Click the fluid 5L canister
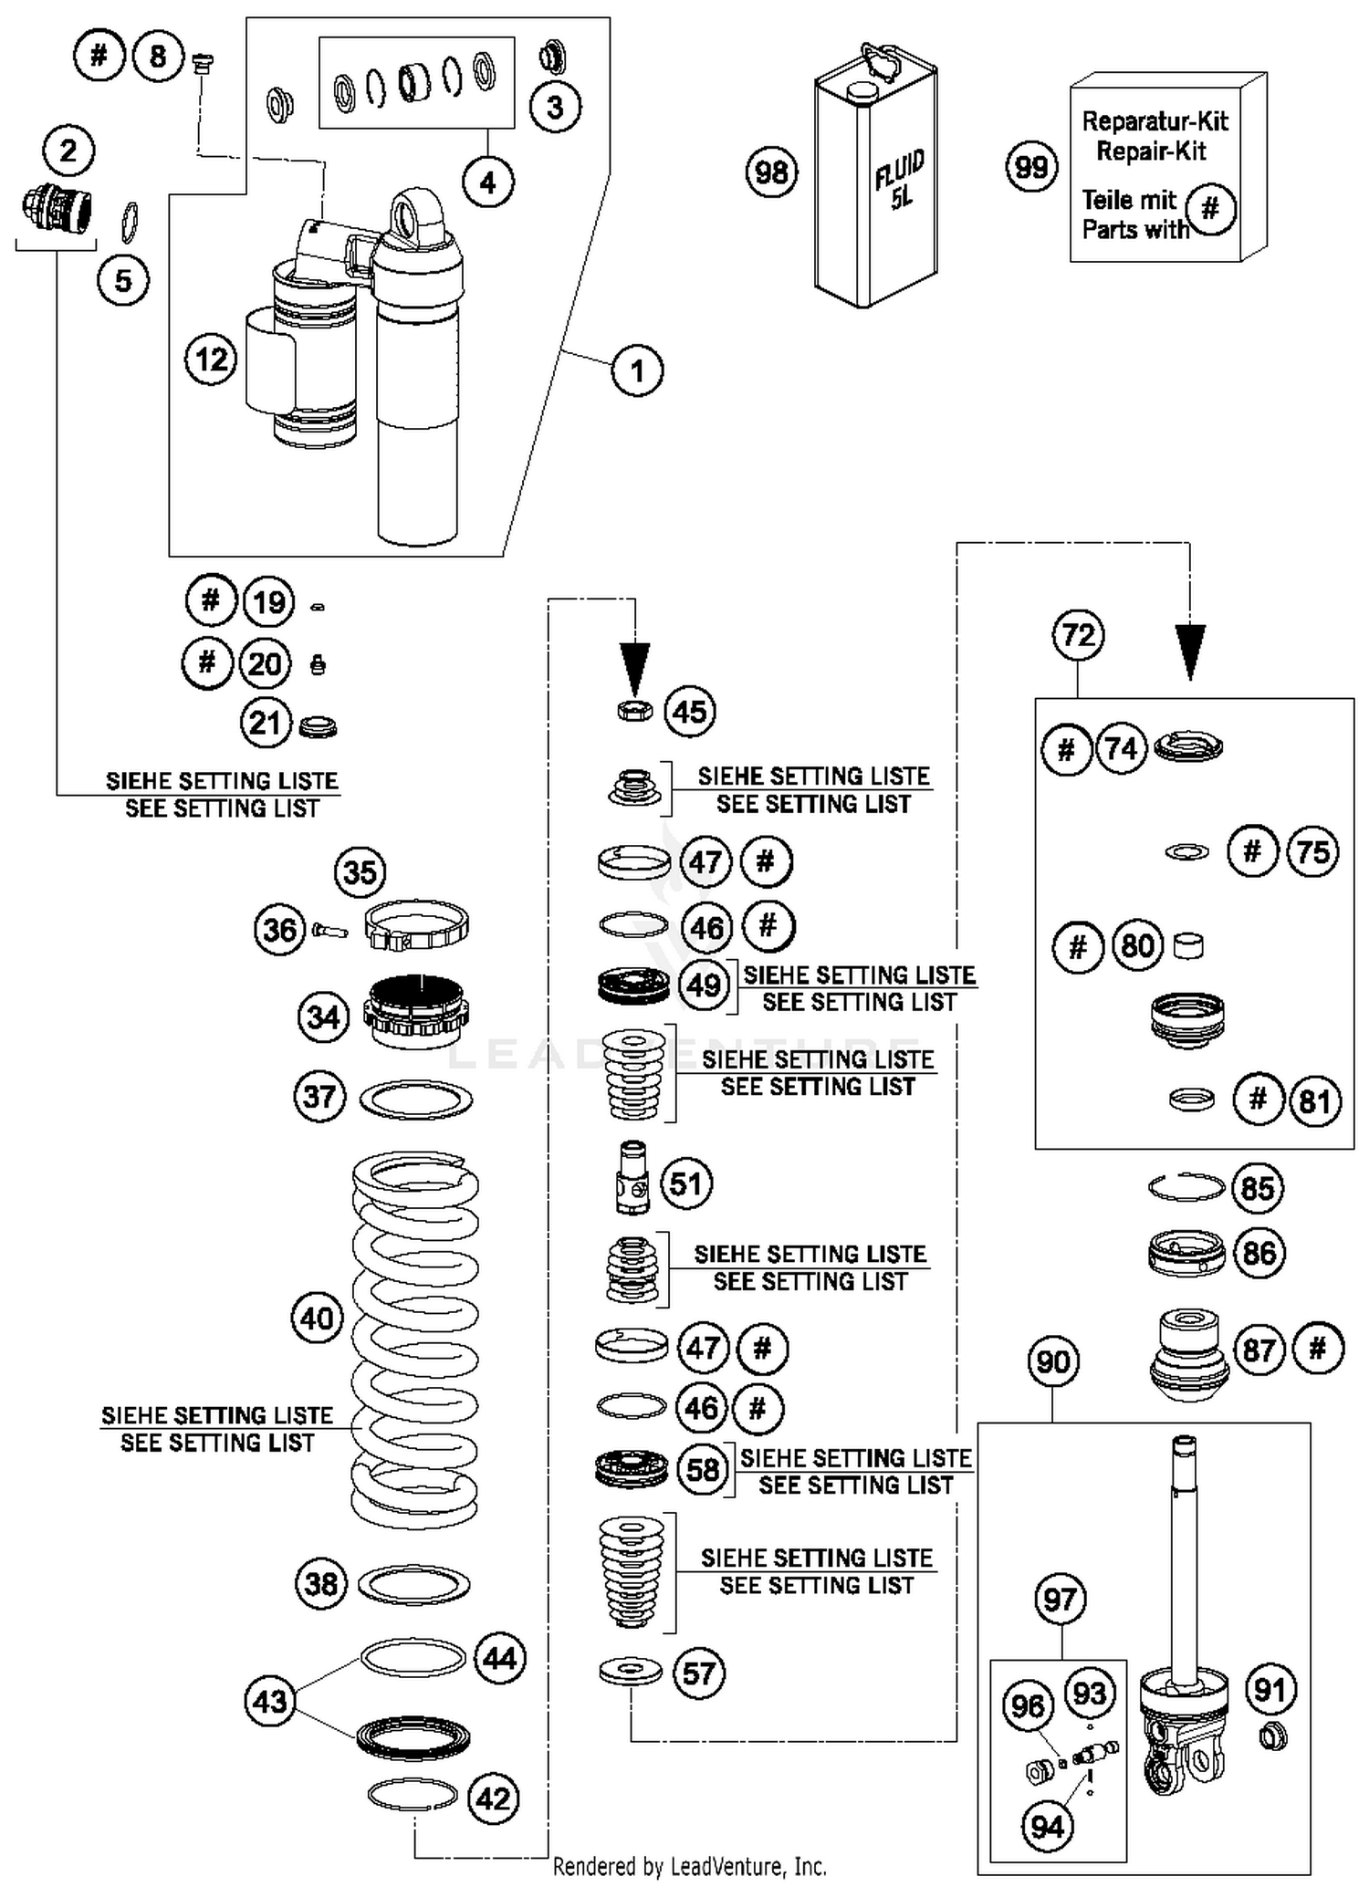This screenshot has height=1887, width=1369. [874, 182]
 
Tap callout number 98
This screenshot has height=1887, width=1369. [771, 172]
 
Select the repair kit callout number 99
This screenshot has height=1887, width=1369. [1031, 167]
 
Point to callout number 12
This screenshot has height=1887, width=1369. [211, 359]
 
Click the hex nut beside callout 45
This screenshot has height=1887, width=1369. [634, 710]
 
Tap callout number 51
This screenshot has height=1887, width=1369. [685, 1183]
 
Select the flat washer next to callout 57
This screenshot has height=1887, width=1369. [631, 1672]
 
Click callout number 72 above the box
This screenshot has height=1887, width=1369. [1078, 634]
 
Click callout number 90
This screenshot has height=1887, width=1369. [1052, 1362]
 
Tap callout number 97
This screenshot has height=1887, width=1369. [1060, 1600]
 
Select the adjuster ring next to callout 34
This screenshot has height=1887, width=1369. [416, 1011]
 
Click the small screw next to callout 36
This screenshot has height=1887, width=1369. [329, 932]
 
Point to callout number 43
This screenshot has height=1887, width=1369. [269, 1702]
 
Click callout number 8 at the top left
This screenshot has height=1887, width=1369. [158, 57]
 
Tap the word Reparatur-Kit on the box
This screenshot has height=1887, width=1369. [1155, 121]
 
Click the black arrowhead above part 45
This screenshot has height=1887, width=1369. [635, 665]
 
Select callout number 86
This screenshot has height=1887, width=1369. [1259, 1253]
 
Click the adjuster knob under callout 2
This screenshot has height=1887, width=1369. [57, 209]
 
